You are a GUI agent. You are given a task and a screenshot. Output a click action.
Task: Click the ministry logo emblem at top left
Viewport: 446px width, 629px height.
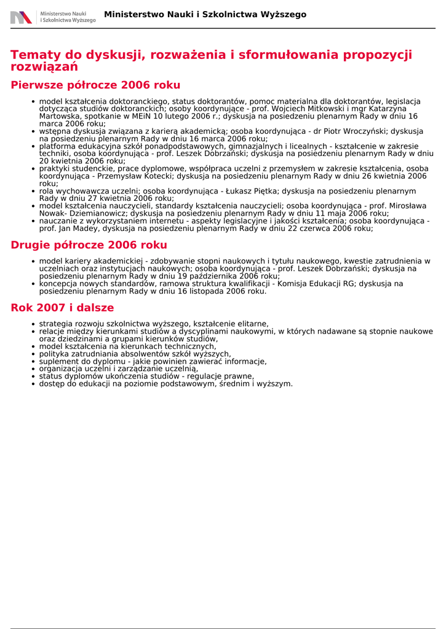tap(21, 17)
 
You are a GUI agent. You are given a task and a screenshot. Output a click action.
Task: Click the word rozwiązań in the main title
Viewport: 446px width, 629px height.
tap(44, 66)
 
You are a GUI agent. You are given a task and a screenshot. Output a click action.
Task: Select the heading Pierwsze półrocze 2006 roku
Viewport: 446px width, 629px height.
tap(95, 85)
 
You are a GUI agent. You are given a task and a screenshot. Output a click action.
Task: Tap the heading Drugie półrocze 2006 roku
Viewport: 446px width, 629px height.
tap(89, 245)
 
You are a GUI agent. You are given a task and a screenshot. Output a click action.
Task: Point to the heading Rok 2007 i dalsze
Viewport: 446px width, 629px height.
tap(62, 308)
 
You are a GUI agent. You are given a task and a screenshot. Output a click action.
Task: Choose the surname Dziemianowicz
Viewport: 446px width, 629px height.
tap(94, 214)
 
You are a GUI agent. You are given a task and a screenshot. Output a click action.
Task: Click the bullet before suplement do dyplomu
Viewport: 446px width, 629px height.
tap(33, 362)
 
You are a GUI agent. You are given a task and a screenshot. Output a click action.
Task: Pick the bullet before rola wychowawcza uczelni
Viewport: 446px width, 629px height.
tap(33, 192)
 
